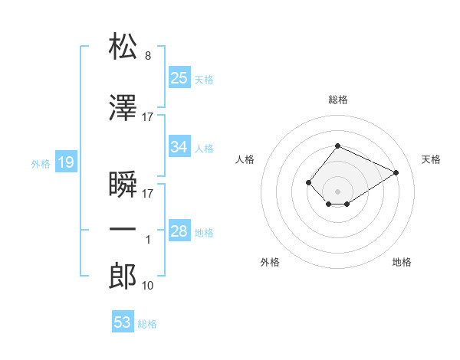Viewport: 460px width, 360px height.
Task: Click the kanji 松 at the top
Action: [123, 46]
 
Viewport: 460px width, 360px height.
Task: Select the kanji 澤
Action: [123, 107]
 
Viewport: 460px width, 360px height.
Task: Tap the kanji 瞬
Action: [123, 184]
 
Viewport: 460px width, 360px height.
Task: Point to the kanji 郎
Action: [123, 276]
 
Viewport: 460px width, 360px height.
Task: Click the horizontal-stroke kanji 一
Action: [123, 229]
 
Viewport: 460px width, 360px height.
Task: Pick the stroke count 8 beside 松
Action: [148, 56]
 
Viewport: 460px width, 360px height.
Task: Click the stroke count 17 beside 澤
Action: [147, 117]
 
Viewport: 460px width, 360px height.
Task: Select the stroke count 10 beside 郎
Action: [147, 286]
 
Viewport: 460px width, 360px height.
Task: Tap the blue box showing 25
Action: [179, 77]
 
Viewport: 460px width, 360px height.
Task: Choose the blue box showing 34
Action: [179, 146]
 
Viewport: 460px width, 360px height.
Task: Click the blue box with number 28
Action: [179, 230]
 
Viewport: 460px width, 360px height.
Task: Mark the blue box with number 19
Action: [66, 162]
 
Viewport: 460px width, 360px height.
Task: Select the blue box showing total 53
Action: [123, 321]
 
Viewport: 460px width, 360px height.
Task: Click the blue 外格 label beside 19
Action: [41, 164]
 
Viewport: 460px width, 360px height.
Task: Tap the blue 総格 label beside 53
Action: [147, 324]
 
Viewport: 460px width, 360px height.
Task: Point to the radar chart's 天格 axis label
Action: [431, 159]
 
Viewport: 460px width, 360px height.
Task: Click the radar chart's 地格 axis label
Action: [402, 262]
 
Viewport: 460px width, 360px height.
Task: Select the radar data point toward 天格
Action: [396, 172]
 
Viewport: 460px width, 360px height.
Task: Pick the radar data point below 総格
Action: [337, 146]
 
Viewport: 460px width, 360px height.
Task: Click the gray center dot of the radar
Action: [337, 191]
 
